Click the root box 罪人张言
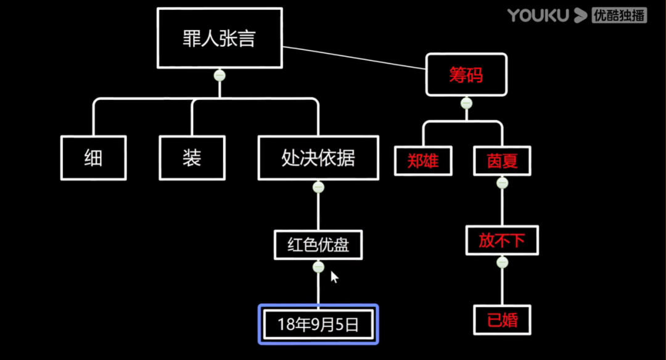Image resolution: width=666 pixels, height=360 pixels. pyautogui.click(x=220, y=38)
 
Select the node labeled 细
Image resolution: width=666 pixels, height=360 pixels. pyautogui.click(x=94, y=158)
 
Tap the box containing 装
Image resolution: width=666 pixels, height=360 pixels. pyautogui.click(x=192, y=158)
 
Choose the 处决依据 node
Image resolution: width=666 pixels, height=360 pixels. pyautogui.click(x=318, y=158)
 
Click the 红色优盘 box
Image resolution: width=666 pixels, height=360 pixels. pyautogui.click(x=318, y=245)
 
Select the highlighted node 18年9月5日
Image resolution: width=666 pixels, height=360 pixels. pyautogui.click(x=318, y=324)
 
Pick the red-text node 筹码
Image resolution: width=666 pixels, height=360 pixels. pyautogui.click(x=466, y=75)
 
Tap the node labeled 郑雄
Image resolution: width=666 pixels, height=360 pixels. pyautogui.click(x=423, y=161)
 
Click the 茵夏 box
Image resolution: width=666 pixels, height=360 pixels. pyautogui.click(x=502, y=161)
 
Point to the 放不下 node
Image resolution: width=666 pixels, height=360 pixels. pyautogui.click(x=502, y=240)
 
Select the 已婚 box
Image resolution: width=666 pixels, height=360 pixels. pyautogui.click(x=502, y=320)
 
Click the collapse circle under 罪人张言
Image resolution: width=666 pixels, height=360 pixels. pyautogui.click(x=220, y=76)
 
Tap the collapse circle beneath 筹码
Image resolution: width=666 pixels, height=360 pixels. pyautogui.click(x=466, y=103)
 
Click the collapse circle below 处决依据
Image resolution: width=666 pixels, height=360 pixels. pyautogui.click(x=318, y=187)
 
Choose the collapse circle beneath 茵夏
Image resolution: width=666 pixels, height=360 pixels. pyautogui.click(x=502, y=183)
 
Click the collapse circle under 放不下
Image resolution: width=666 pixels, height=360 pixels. pyautogui.click(x=502, y=263)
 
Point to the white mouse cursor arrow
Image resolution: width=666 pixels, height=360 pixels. pyautogui.click(x=334, y=277)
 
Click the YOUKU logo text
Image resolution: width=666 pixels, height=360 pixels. pyautogui.click(x=538, y=15)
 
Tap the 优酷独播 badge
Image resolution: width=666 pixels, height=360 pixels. pyautogui.click(x=619, y=15)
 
